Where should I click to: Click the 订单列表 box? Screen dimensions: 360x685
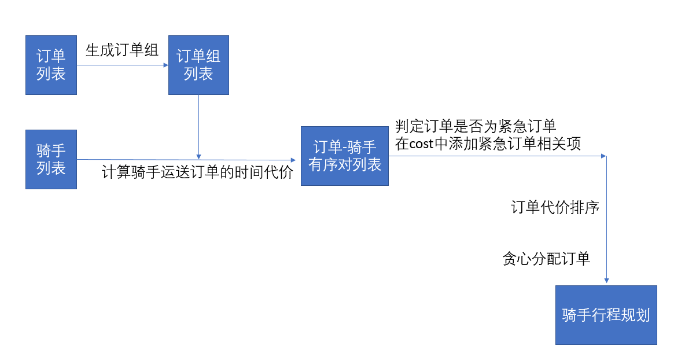(x=51, y=65)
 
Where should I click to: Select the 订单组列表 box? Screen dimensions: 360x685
(x=198, y=65)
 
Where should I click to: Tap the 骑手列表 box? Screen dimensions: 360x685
(x=51, y=160)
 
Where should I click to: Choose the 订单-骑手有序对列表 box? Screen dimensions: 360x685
(x=344, y=155)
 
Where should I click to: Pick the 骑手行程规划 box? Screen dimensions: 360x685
(x=606, y=315)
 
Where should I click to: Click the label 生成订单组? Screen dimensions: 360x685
(x=122, y=50)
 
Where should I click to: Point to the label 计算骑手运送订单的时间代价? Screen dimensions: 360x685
(x=198, y=172)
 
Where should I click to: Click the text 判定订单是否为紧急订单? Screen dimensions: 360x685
(x=476, y=126)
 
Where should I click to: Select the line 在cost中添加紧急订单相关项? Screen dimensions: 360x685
(x=488, y=144)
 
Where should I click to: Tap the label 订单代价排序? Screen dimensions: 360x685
(x=554, y=208)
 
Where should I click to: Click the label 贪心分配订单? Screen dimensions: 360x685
(x=546, y=259)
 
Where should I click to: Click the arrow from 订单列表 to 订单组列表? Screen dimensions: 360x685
(x=122, y=65)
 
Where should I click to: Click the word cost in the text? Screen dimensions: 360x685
(x=421, y=144)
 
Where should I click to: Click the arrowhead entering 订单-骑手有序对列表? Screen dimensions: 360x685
(x=297, y=160)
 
